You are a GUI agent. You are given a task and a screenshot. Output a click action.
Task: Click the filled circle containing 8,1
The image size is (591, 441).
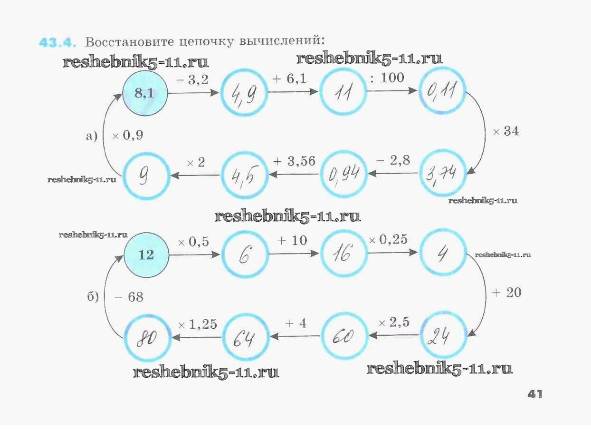(x=145, y=94)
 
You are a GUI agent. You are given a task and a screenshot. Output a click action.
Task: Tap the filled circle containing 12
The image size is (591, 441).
(x=146, y=255)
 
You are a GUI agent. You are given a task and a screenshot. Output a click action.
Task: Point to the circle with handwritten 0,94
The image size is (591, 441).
(x=344, y=175)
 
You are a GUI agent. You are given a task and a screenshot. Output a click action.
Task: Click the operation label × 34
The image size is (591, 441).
(x=505, y=132)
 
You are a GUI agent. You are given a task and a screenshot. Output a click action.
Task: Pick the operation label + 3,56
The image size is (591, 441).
(x=294, y=161)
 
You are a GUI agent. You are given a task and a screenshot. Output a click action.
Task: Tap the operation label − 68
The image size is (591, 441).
(x=128, y=297)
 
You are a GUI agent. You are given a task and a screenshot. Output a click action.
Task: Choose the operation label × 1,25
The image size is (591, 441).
(x=197, y=325)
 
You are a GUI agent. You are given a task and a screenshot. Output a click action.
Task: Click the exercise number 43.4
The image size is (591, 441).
(x=57, y=42)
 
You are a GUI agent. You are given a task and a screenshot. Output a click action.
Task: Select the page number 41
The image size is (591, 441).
(x=534, y=394)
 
